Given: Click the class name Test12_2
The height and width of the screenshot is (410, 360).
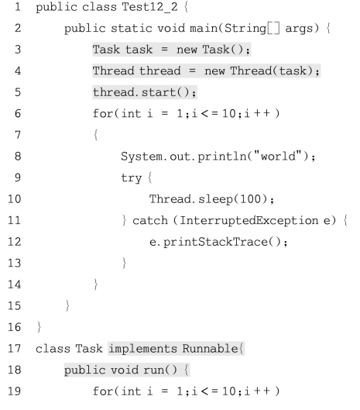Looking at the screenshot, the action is (149, 6).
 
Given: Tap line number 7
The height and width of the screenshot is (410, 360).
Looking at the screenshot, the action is (18, 135).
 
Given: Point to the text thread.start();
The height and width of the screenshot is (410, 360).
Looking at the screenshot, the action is (145, 92).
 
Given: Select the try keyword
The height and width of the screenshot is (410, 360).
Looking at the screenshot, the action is (132, 178).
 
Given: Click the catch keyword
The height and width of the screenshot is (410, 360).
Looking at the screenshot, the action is (150, 220).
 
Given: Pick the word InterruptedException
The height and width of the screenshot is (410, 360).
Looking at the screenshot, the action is (249, 220).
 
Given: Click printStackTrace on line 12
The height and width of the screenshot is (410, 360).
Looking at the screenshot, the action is (215, 242).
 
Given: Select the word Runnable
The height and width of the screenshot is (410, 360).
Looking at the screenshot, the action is (210, 349).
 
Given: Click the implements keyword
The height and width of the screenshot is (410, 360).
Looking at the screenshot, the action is (143, 349).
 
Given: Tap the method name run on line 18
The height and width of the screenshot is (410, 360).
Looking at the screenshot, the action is (153, 370).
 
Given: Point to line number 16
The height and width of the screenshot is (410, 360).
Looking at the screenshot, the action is (15, 327).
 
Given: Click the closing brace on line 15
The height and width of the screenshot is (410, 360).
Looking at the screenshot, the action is (67, 305).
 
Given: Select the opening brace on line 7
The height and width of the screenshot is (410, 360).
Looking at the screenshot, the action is (96, 135).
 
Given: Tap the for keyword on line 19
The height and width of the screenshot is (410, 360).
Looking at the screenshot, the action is (103, 391).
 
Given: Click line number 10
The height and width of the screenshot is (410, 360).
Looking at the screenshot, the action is (15, 199).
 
